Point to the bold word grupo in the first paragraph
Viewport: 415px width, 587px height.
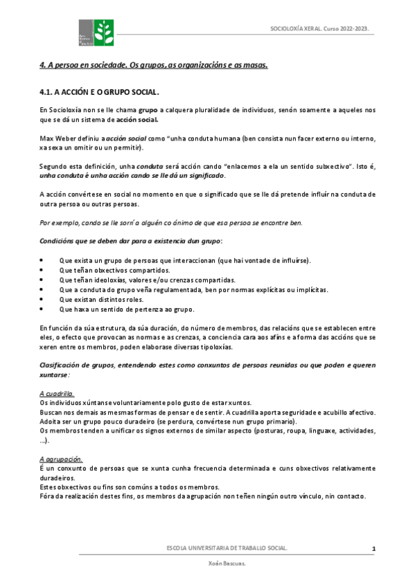coord(147,109)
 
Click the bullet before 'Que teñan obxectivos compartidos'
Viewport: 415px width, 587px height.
coord(43,270)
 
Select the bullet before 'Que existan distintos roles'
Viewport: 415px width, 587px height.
coord(43,299)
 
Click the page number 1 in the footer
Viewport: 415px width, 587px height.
coord(373,549)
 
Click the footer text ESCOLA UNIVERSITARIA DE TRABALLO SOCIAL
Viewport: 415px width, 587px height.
coord(227,548)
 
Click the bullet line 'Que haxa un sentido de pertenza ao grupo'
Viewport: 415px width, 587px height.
coord(127,309)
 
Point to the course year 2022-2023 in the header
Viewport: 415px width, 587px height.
coord(352,29)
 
